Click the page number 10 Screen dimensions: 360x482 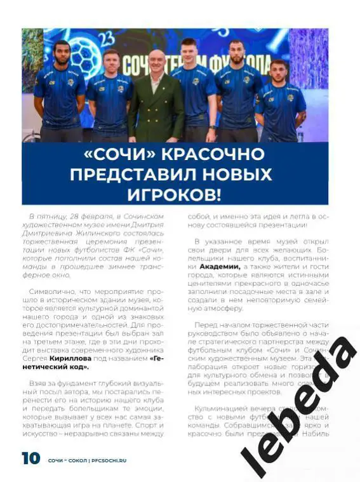pyautogui.click(x=31, y=458)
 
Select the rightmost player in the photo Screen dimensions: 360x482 pyautogui.click(x=279, y=102)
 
